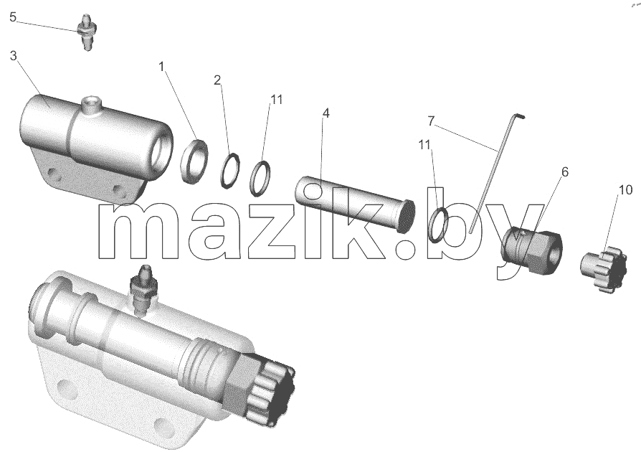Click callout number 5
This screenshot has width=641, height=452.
coord(13,18)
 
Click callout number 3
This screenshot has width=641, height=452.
coord(13,56)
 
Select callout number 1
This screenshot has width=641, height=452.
coord(161,66)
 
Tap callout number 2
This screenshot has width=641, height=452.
coord(217,80)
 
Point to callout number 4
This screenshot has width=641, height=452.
coord(326,113)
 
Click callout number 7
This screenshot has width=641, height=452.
coord(432,121)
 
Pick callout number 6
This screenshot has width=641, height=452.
coord(564,172)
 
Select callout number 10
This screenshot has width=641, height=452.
coord(625,190)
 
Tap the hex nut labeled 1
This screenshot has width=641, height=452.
coord(194,161)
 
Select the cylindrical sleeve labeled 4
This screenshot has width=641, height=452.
coord(355,204)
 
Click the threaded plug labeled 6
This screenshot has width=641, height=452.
coord(532,248)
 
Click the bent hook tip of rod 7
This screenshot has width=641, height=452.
coord(521,116)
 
